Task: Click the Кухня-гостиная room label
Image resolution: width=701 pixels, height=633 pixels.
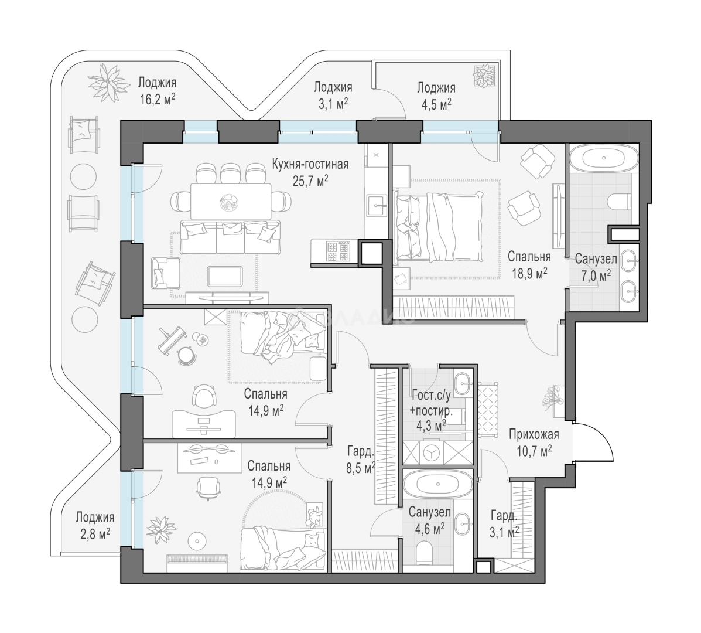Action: point(310,164)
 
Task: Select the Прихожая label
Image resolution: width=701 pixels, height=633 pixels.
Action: point(534,434)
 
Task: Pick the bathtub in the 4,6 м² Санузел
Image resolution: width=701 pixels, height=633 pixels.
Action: point(437,484)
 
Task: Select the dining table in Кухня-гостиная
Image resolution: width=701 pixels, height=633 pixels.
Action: point(231,201)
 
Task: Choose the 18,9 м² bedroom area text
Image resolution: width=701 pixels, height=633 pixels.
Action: point(530,273)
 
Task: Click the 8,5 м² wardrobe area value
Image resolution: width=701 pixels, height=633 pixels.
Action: point(360,468)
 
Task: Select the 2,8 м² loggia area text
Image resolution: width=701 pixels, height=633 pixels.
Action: point(94,533)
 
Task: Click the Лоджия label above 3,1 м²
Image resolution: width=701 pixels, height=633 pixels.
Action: point(333,86)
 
